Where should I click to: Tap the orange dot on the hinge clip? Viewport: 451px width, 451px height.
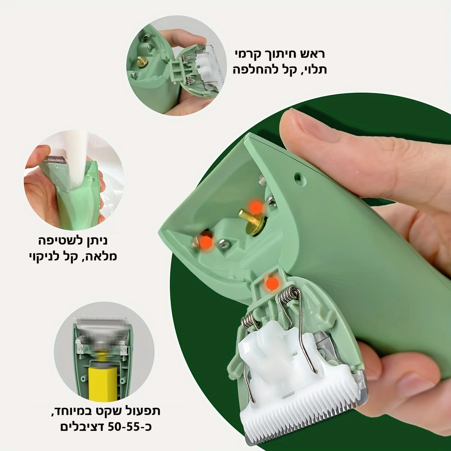(272, 284)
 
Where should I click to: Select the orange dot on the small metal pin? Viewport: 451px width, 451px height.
(206, 241)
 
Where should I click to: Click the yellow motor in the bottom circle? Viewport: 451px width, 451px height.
(102, 382)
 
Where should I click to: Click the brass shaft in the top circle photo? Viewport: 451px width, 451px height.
(141, 60)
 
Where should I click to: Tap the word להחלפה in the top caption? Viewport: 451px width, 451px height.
(253, 70)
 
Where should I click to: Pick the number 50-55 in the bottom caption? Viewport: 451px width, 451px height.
(123, 426)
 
